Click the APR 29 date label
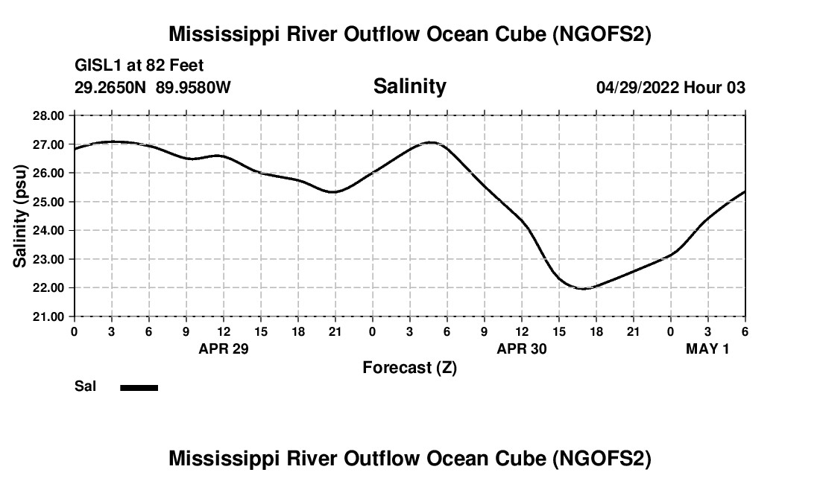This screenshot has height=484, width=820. (x=224, y=348)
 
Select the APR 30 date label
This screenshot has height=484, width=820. (x=522, y=348)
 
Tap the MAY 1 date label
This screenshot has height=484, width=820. (x=707, y=348)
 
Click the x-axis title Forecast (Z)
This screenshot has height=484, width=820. (x=409, y=367)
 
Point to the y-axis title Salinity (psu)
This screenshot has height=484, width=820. (x=20, y=216)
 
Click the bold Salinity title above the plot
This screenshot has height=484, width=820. (x=409, y=86)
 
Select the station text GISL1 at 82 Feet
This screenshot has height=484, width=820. (x=139, y=66)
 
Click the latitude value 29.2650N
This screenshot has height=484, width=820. (x=112, y=88)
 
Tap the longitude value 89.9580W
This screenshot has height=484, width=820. (x=193, y=88)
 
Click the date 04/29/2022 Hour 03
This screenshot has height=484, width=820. (x=670, y=88)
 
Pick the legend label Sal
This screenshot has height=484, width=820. (x=85, y=386)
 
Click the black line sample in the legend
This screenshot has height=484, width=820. (x=139, y=387)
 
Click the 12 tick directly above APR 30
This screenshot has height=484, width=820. (x=522, y=330)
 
